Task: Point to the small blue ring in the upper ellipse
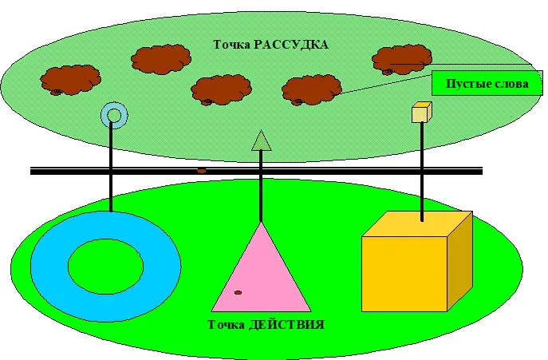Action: tap(114, 117)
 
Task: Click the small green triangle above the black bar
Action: tap(262, 141)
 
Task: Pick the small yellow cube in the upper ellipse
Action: tap(420, 113)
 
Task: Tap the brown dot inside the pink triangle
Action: tap(238, 294)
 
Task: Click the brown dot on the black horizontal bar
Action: tap(201, 170)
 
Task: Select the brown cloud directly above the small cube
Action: tap(402, 57)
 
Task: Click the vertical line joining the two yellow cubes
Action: tap(420, 168)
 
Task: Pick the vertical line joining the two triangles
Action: tap(261, 188)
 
